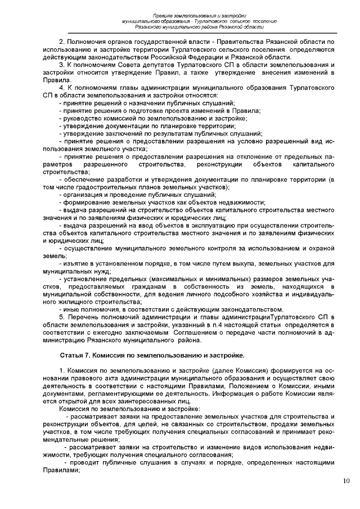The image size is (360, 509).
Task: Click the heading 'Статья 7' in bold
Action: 75,355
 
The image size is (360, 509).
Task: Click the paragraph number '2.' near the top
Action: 62,42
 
